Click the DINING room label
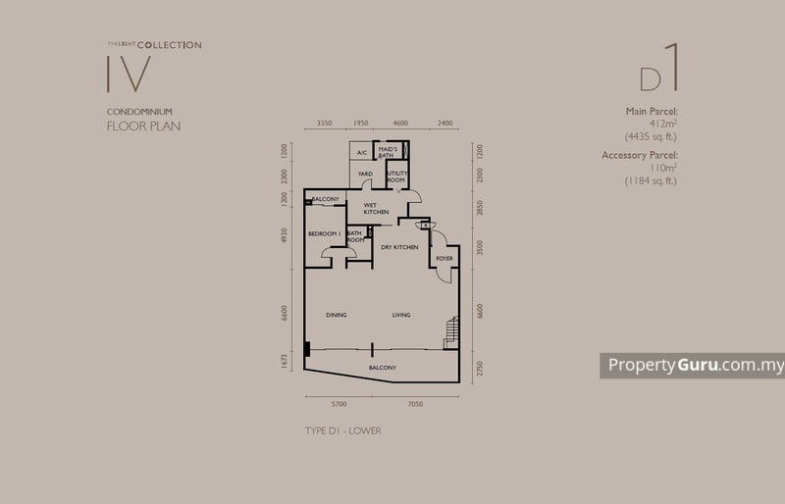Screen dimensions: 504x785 [x=340, y=315]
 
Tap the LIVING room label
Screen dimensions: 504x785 [x=401, y=315]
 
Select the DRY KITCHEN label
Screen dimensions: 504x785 [x=400, y=247]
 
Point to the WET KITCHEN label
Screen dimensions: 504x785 [x=376, y=209]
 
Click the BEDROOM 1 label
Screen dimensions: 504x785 [x=323, y=233]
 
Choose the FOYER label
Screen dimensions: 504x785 [x=444, y=259]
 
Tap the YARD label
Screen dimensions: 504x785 [x=365, y=175]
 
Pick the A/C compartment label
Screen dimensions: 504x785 [x=361, y=153]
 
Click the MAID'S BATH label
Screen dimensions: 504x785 [x=388, y=152]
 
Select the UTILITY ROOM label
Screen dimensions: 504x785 [x=395, y=177]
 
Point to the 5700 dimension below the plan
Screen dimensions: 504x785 [x=339, y=404]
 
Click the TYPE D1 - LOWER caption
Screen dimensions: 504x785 [x=343, y=430]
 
